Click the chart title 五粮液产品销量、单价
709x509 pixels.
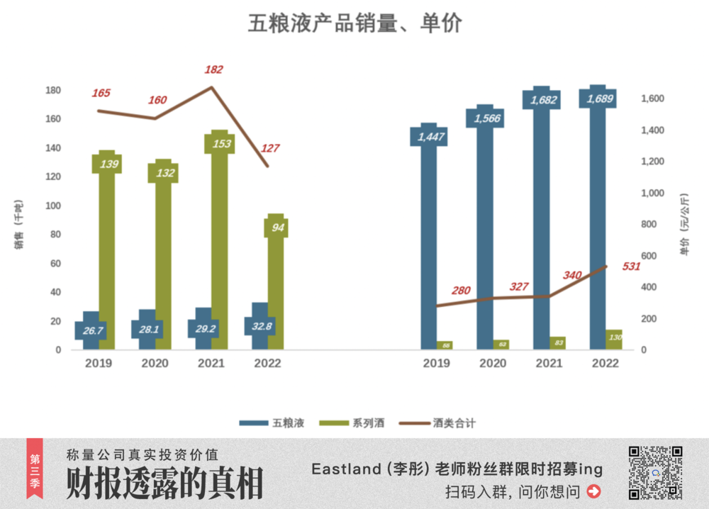(354, 23)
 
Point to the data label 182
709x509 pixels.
(213, 69)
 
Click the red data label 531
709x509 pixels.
(631, 267)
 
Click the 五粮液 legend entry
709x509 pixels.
(272, 423)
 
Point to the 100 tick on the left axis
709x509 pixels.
(52, 206)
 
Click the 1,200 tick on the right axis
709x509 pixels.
(653, 162)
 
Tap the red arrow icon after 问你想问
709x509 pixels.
(594, 491)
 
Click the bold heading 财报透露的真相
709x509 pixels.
(164, 484)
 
